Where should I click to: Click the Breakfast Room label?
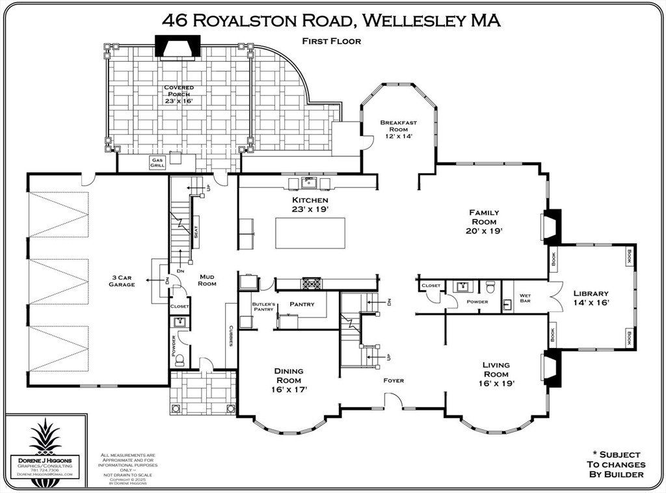399,129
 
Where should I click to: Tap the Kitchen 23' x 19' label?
310,204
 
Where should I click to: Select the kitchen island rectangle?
310,233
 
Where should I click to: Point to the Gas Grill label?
157,163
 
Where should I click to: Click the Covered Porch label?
178,94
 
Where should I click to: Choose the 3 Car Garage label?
122,281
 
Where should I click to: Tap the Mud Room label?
207,280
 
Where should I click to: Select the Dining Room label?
289,380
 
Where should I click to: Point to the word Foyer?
393,380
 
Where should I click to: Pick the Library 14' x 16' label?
591,297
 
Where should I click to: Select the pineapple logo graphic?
46,439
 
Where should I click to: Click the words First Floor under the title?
331,41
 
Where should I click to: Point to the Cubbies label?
231,336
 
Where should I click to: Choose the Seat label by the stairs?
195,231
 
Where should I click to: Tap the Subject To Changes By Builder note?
615,464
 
